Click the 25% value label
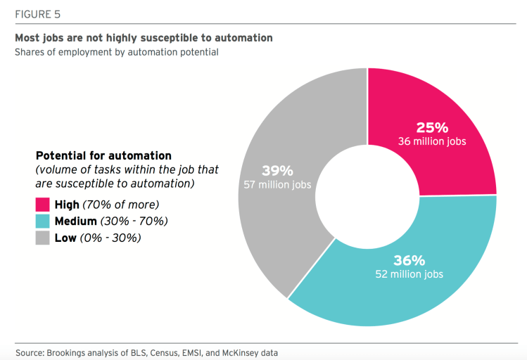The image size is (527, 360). click(432, 127)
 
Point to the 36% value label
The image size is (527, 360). click(409, 260)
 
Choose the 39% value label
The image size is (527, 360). click(277, 170)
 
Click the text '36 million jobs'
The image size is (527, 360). click(432, 141)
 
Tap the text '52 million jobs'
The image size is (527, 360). click(409, 274)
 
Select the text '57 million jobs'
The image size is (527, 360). click(278, 184)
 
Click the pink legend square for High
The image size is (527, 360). click(43, 205)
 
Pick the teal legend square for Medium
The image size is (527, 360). click(43, 221)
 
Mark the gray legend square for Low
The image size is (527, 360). click(43, 238)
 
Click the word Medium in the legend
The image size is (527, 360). click(75, 221)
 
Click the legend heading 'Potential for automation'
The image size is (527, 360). click(103, 155)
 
